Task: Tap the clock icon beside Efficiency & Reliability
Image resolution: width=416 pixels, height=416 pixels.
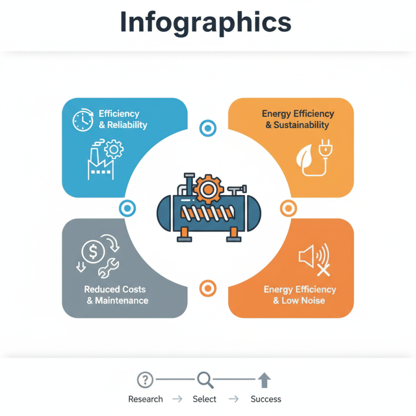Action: click(83, 120)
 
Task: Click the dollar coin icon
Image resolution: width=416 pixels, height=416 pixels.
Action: click(93, 251)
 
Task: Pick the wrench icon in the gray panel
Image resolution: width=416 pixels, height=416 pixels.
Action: click(109, 268)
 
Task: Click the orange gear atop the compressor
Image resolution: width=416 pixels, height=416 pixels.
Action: click(208, 189)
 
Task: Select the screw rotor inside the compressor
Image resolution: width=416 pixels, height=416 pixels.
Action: click(208, 213)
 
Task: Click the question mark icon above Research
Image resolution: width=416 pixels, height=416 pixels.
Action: click(145, 380)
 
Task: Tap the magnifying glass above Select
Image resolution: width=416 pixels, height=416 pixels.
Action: click(205, 380)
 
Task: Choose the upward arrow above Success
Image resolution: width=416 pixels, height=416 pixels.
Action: click(264, 380)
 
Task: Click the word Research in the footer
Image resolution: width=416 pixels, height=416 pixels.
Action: click(146, 399)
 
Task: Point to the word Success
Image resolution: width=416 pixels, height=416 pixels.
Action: click(266, 399)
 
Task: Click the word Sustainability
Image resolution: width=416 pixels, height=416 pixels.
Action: click(301, 125)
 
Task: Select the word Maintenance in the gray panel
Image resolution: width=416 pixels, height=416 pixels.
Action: click(122, 301)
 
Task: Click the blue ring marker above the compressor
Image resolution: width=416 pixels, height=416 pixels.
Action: click(207, 128)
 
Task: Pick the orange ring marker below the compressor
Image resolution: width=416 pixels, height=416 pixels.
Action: click(207, 289)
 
